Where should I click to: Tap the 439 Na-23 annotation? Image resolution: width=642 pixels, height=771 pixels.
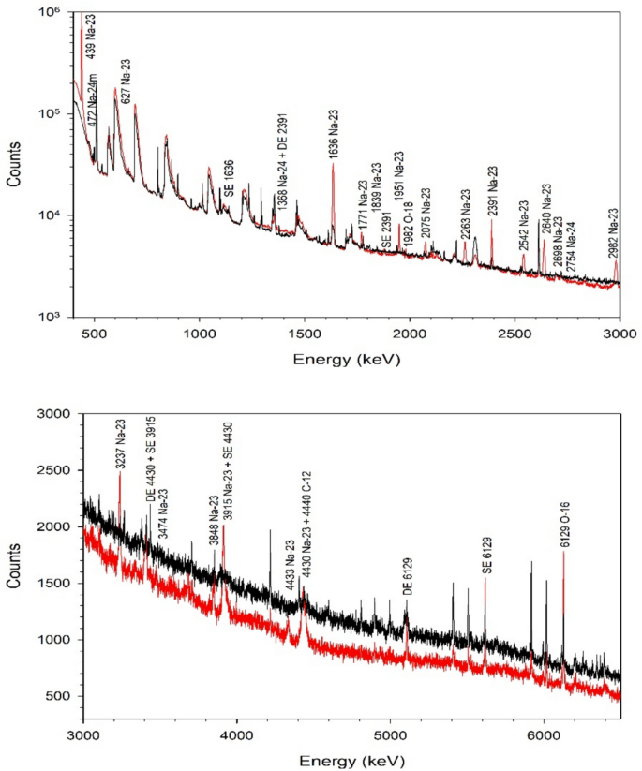click(91, 38)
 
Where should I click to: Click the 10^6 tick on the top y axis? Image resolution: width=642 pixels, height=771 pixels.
click(50, 11)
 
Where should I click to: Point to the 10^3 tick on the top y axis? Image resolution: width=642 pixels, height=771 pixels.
click(50, 317)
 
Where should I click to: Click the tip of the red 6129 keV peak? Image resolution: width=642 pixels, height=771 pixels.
click(563, 553)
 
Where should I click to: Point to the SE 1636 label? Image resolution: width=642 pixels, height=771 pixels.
click(228, 173)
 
